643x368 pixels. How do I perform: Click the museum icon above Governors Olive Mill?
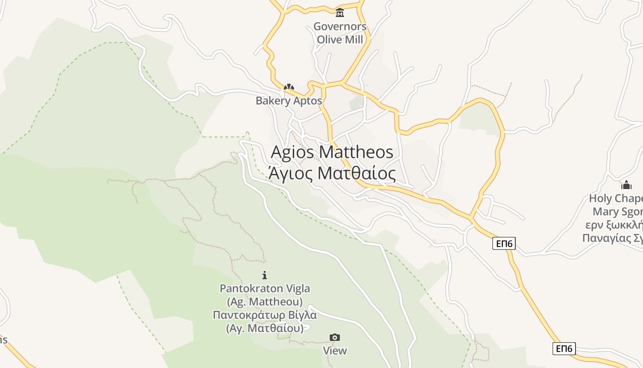pyautogui.click(x=340, y=12)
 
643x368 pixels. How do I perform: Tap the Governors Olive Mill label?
pyautogui.click(x=340, y=33)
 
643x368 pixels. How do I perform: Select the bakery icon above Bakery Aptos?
pyautogui.click(x=288, y=86)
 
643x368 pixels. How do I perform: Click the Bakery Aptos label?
pyautogui.click(x=288, y=101)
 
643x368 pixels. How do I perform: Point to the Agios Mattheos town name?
pyautogui.click(x=332, y=152)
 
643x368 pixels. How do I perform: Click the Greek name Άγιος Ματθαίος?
pyautogui.click(x=332, y=174)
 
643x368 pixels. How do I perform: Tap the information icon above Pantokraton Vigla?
pyautogui.click(x=265, y=275)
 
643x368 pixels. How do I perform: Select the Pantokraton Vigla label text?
pyautogui.click(x=265, y=289)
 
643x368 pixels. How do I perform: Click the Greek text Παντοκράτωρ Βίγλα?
pyautogui.click(x=265, y=316)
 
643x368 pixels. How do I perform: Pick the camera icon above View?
pyautogui.click(x=335, y=338)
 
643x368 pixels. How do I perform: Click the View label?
pyautogui.click(x=335, y=351)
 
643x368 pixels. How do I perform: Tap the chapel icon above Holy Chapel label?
pyautogui.click(x=626, y=185)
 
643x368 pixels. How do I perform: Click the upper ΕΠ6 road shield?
pyautogui.click(x=504, y=243)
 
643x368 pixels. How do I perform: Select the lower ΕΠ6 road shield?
pyautogui.click(x=564, y=348)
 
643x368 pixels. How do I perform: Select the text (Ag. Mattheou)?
pyautogui.click(x=265, y=302)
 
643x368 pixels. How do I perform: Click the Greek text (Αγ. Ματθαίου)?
pyautogui.click(x=265, y=328)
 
